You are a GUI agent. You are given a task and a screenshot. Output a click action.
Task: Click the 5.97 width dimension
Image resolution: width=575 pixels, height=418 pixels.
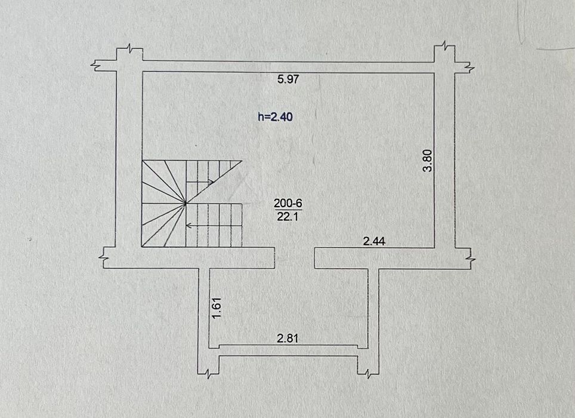pos(288,79)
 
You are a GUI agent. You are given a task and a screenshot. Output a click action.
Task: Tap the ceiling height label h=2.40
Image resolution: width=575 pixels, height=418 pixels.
pos(276,116)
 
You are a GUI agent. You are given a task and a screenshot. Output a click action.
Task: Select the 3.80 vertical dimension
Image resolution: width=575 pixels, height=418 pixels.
pos(428,161)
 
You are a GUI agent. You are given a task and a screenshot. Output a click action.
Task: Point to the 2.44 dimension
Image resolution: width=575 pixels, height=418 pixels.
pos(374,241)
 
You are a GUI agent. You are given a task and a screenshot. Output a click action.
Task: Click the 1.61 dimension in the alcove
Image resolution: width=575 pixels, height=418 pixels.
pos(217,308)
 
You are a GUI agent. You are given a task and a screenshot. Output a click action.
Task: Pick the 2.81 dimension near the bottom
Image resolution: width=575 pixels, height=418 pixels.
pos(287,338)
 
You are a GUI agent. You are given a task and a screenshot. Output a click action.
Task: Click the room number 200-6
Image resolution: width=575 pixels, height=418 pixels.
pos(288,203)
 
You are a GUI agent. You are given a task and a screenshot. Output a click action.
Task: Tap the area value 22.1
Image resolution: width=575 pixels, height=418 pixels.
pos(288,217)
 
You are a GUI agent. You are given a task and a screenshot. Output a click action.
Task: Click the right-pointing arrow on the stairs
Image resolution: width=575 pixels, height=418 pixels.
pos(200,182)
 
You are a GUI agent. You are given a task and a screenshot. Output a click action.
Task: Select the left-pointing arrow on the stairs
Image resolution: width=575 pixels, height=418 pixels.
pos(200,225)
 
